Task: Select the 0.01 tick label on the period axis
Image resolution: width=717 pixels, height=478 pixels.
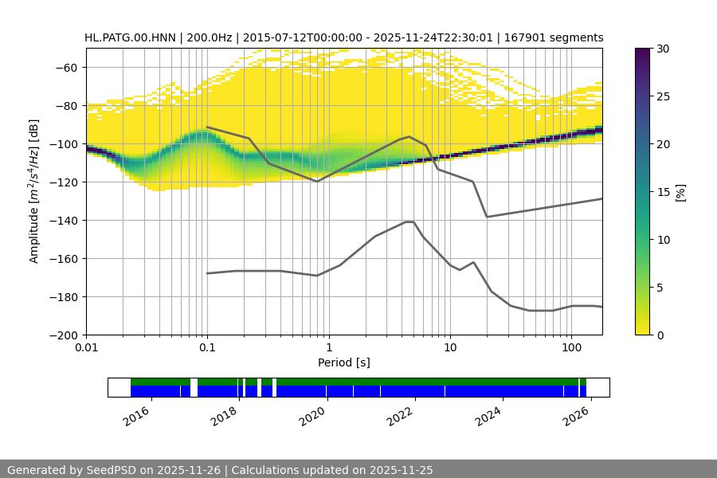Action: [x=86, y=348]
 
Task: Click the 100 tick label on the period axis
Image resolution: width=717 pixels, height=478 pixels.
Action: [x=570, y=348]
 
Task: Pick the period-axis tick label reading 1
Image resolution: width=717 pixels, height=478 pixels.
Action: [x=328, y=348]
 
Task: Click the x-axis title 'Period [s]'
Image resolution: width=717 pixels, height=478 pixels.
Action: [x=344, y=362]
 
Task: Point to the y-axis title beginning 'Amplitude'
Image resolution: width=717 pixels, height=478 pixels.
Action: [x=34, y=192]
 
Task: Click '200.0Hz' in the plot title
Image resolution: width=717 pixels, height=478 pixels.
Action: [x=211, y=37]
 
